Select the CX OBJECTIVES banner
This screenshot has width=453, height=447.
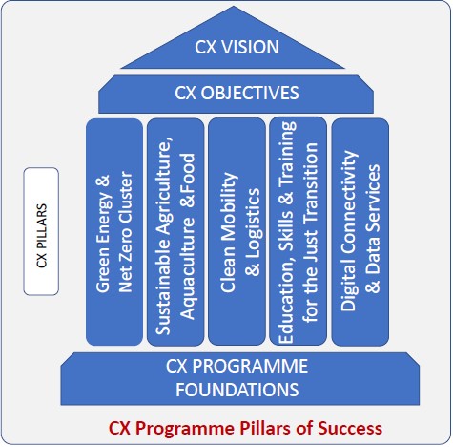pyautogui.click(x=236, y=94)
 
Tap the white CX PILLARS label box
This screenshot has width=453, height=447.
pyautogui.click(x=41, y=231)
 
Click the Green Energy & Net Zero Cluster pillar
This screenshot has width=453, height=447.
pyautogui.click(x=114, y=232)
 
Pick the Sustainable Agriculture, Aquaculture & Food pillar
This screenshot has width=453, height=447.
pyautogui.click(x=175, y=232)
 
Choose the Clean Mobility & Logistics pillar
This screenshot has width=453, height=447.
pyautogui.click(x=237, y=231)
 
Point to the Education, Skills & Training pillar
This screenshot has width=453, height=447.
pyautogui.click(x=298, y=231)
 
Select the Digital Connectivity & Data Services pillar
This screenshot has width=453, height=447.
pyautogui.click(x=360, y=232)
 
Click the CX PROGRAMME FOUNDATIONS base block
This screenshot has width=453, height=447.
pyautogui.click(x=240, y=378)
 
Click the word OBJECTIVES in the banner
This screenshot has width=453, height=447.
pyautogui.click(x=249, y=93)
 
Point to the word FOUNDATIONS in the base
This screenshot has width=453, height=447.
pyautogui.click(x=237, y=390)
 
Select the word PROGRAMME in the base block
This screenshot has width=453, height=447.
pyautogui.click(x=250, y=366)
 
